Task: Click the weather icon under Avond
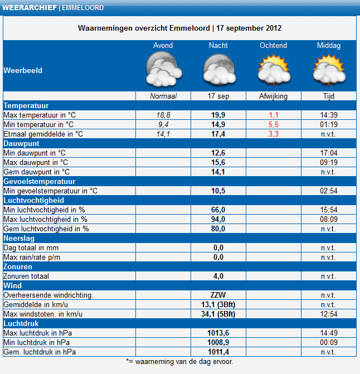tap(164, 69)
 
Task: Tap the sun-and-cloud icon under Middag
tap(329, 70)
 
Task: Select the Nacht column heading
tap(218, 45)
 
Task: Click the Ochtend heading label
tap(273, 45)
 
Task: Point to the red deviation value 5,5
tap(274, 124)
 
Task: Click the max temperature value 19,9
tap(218, 115)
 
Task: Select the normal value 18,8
tap(163, 115)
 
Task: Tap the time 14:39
tap(329, 115)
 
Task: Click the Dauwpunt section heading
tap(21, 144)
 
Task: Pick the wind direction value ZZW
tap(218, 295)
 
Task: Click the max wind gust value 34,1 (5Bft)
tap(218, 314)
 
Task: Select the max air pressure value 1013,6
tap(218, 333)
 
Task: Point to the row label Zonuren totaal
tap(26, 276)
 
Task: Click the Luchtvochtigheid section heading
tap(33, 200)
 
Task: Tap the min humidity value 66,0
tap(218, 210)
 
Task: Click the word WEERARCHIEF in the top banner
tap(30, 8)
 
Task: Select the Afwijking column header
tap(273, 96)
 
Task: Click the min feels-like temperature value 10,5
tap(218, 191)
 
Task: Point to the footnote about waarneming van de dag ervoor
tap(179, 362)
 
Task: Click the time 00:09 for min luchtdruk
tap(329, 343)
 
